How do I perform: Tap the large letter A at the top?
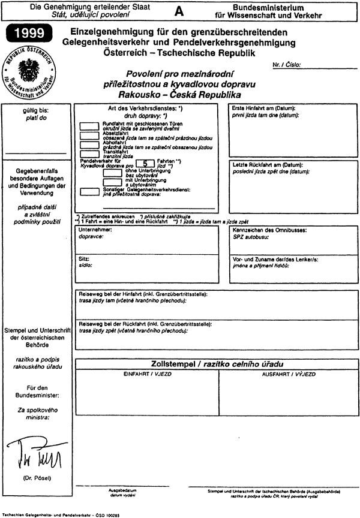[178, 11]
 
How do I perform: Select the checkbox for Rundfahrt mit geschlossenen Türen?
[89, 126]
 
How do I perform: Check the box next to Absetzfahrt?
[89, 135]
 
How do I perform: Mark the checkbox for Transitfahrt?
[89, 154]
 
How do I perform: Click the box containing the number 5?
[145, 162]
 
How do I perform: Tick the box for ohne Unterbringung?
[112, 172]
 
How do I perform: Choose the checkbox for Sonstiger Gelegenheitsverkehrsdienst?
[89, 191]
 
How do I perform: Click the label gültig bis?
[37, 110]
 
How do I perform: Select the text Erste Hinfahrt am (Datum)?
[260, 108]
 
